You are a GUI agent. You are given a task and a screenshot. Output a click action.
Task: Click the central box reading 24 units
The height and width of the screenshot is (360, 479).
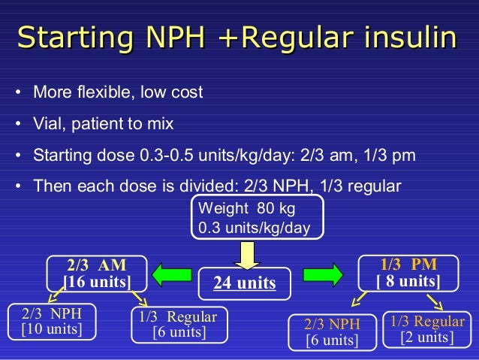(245, 283)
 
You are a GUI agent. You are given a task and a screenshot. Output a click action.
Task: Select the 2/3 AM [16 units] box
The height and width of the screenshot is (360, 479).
(97, 274)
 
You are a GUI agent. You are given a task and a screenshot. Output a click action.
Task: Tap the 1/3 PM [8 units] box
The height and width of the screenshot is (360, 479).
(408, 274)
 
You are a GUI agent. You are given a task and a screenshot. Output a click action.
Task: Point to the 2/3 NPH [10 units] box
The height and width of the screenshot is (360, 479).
(52, 321)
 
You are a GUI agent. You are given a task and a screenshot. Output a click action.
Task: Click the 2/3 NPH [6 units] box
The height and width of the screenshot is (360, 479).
(332, 332)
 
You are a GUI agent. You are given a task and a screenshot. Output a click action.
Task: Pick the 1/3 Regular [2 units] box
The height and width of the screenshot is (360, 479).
(427, 329)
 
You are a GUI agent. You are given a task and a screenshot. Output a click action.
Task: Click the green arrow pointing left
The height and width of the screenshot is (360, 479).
(167, 274)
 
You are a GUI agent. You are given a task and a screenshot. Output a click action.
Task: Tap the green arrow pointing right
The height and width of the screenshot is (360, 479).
(323, 274)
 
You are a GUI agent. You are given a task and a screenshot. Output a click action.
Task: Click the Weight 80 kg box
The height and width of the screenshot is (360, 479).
(258, 216)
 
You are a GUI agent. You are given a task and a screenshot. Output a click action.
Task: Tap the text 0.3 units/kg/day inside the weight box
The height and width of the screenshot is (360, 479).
(255, 227)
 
